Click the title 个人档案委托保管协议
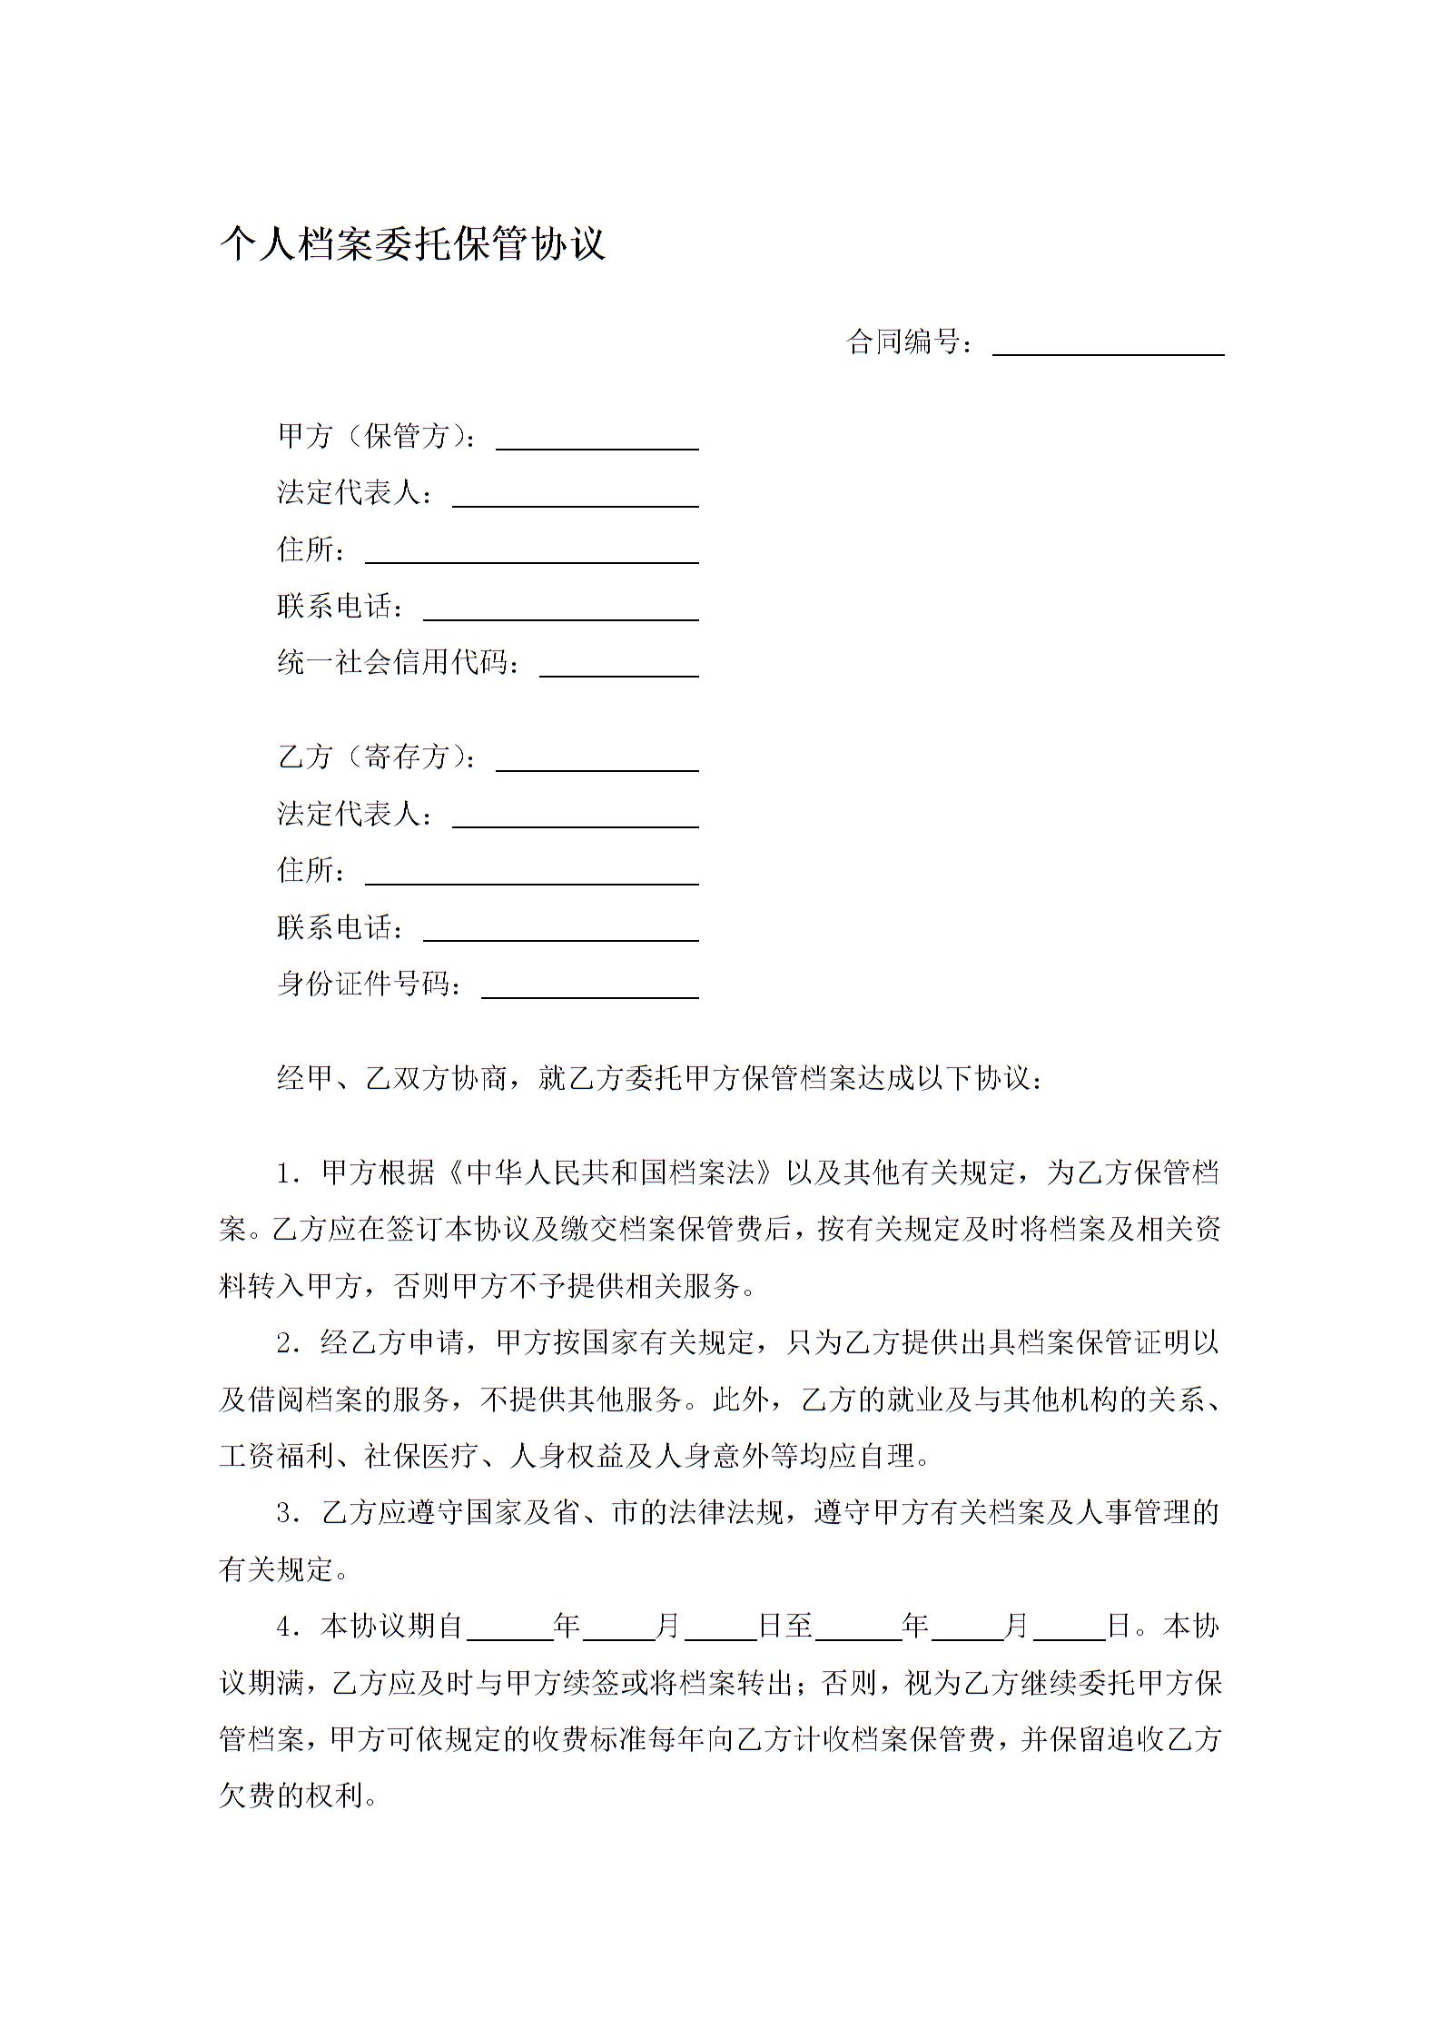412,243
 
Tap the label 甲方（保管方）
376,437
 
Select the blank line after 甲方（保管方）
597,440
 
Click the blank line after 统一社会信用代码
619,668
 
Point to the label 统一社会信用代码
399,663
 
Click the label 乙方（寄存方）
376,757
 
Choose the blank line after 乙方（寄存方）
597,761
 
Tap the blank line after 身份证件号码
589,988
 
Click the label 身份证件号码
369,984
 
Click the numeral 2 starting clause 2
284,1344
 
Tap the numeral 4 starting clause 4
284,1627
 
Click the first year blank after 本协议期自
510,1628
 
